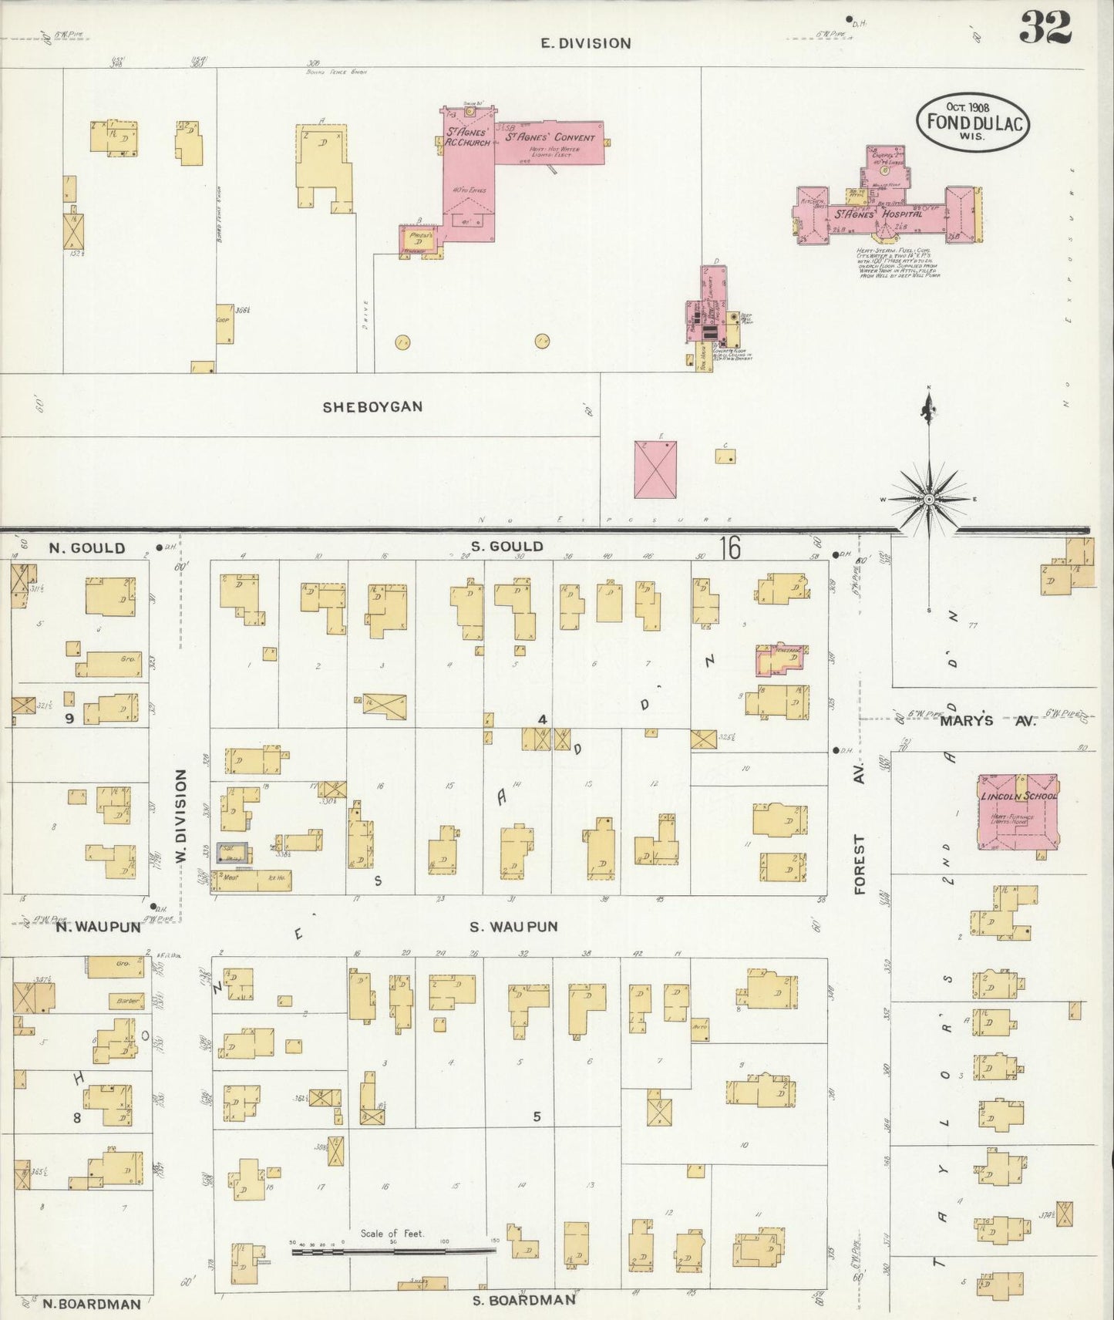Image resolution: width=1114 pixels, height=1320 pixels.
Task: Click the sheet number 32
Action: point(1045,29)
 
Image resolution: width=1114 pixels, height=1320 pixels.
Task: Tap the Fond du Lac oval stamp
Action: point(973,122)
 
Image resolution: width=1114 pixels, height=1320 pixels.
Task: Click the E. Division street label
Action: point(586,43)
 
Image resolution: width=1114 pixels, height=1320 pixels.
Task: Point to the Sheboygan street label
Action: point(372,406)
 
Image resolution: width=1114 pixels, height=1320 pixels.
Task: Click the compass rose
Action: point(929,499)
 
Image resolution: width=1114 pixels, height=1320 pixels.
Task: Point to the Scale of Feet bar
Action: point(393,1251)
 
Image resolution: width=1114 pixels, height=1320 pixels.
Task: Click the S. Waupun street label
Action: point(513,926)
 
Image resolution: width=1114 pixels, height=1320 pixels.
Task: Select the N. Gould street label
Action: point(86,548)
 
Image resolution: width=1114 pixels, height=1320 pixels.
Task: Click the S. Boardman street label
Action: point(524,1299)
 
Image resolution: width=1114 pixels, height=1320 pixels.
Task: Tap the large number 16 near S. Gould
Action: point(731,547)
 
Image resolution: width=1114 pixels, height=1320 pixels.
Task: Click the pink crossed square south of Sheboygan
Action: point(655,469)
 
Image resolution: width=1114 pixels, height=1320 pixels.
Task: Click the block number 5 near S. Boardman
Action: point(537,1116)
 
